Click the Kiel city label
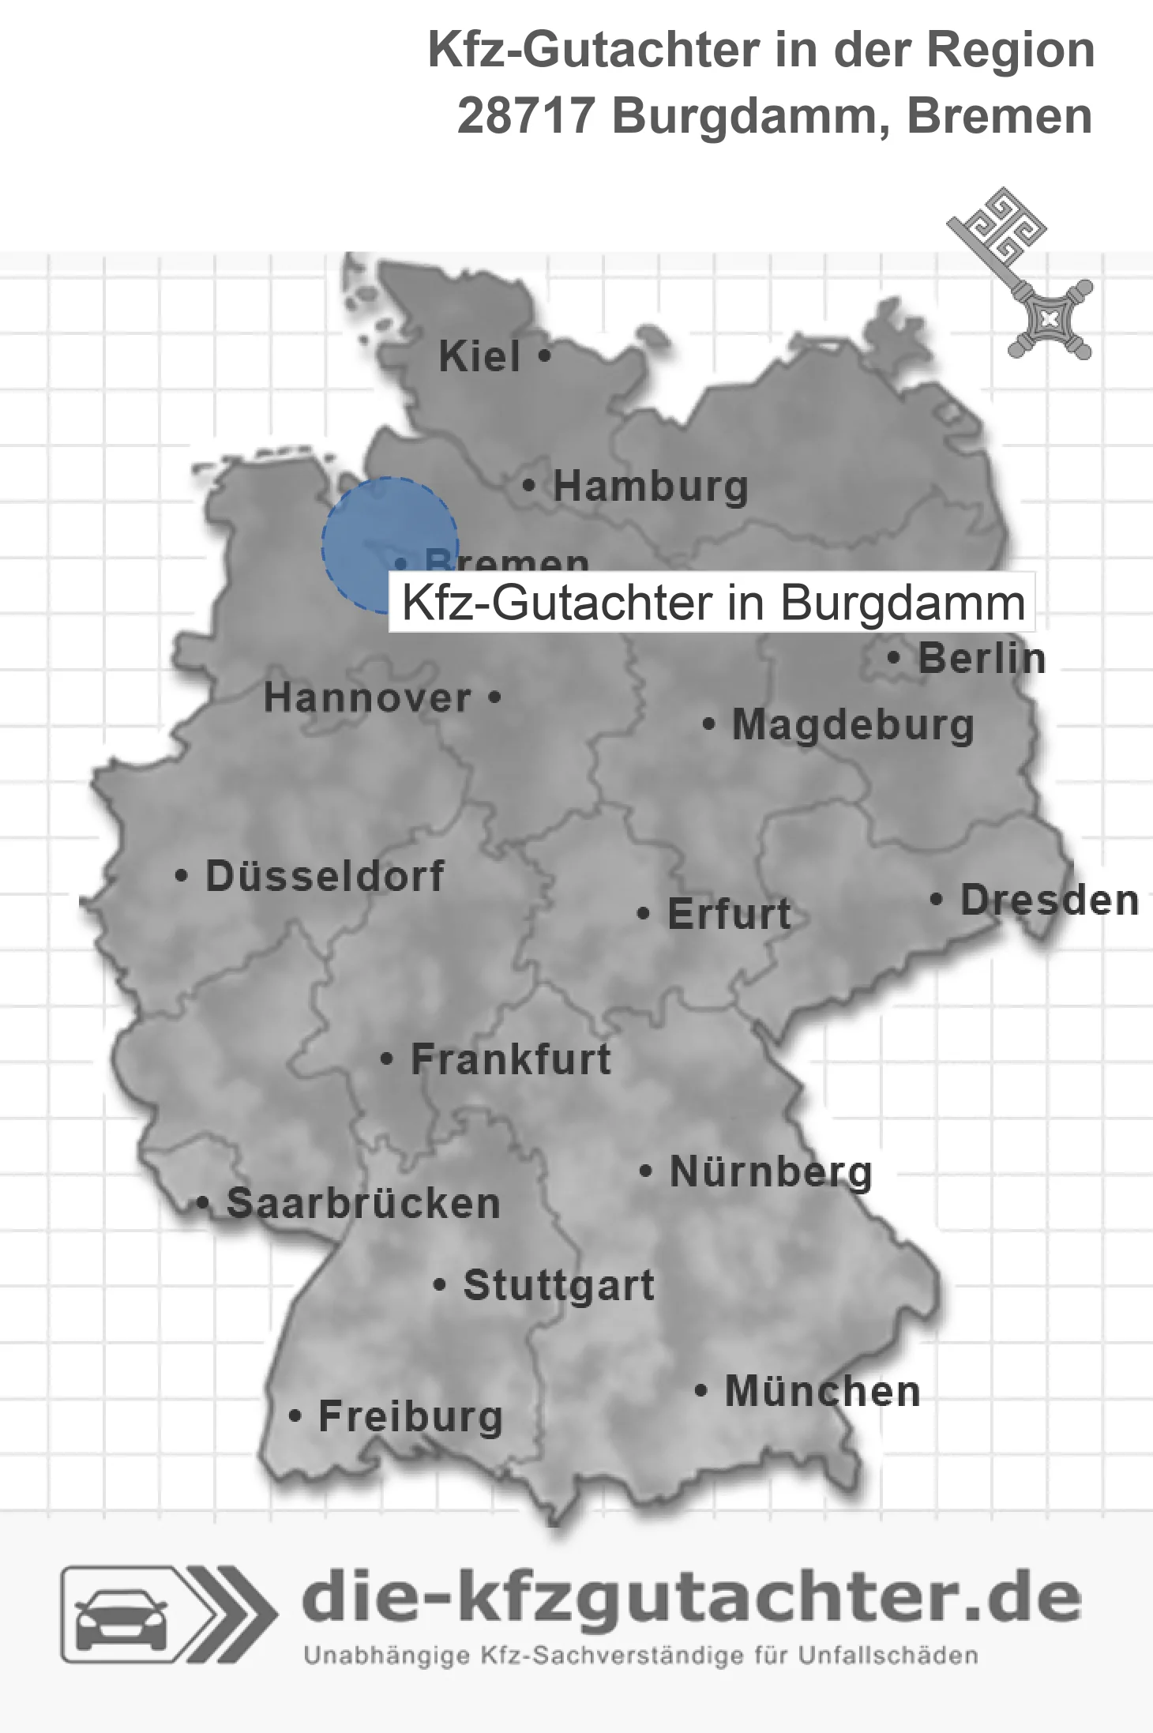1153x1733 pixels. (479, 356)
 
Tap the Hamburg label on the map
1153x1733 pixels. (650, 486)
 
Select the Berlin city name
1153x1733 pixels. (982, 658)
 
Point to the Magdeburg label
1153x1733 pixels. (853, 725)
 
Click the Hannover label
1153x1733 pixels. (367, 697)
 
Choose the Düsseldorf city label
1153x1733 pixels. (325, 876)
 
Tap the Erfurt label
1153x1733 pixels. (729, 914)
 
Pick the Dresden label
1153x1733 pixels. (1050, 900)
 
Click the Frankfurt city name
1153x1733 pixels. (511, 1059)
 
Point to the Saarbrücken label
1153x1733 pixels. (363, 1204)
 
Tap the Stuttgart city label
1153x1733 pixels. (558, 1285)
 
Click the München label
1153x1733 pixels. (822, 1391)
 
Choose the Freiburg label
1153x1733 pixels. (411, 1416)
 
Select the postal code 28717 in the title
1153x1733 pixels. (525, 116)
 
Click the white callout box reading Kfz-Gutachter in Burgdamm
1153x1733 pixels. (712, 603)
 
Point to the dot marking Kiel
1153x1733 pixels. (544, 356)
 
